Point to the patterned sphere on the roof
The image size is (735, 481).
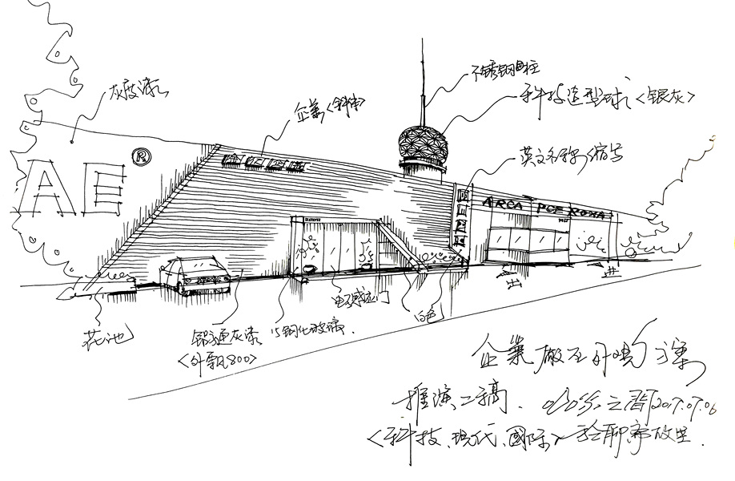tap(422, 143)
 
